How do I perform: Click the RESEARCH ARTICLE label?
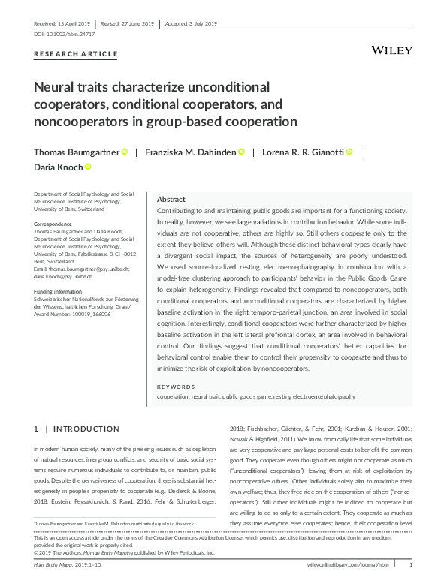pyautogui.click(x=77, y=54)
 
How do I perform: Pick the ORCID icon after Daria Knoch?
pyautogui.click(x=88, y=167)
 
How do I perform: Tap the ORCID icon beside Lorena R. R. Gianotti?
pyautogui.click(x=349, y=152)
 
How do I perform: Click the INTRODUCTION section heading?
pyautogui.click(x=88, y=429)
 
